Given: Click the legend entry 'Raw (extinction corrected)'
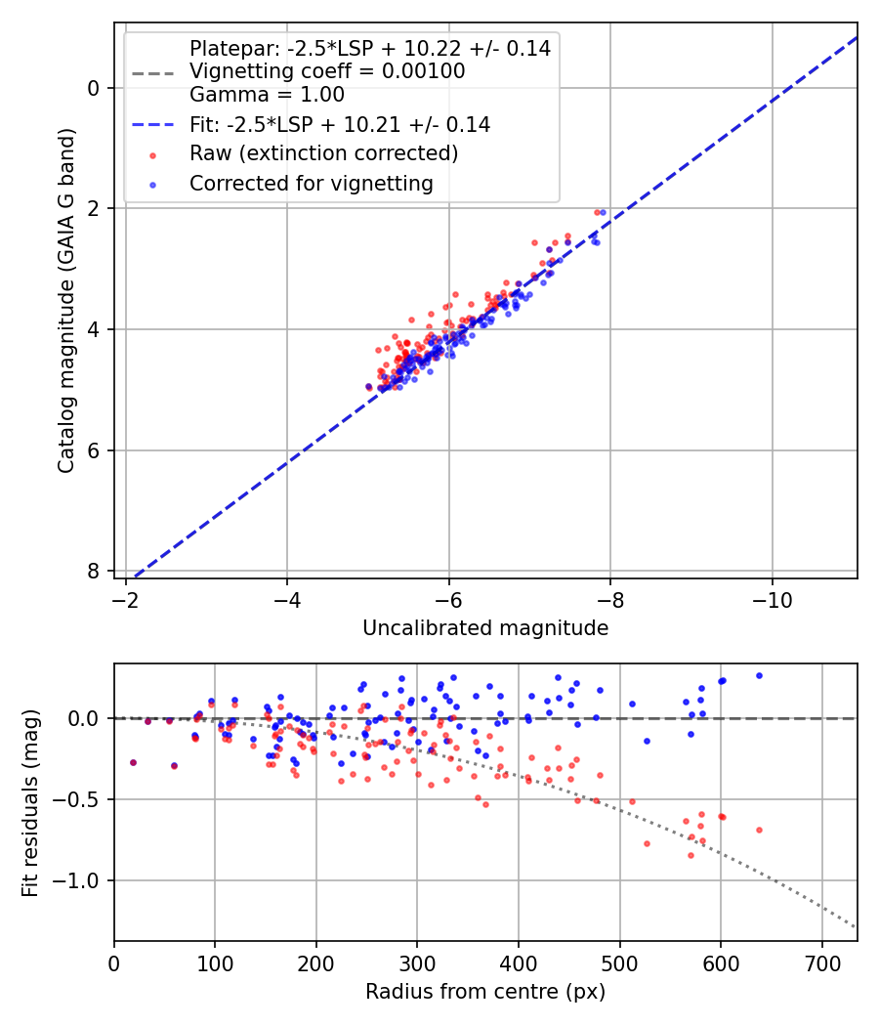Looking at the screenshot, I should (x=323, y=153).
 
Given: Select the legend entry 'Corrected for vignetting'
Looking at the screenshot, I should (x=311, y=183).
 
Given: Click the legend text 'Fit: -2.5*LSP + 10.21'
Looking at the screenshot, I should (x=339, y=124).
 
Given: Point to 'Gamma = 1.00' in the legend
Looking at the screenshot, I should (x=267, y=95).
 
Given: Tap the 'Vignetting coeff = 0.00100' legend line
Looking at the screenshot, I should (x=326, y=71).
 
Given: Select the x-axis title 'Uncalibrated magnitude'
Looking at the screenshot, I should (x=485, y=628).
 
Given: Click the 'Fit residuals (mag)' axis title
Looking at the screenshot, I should (x=30, y=802).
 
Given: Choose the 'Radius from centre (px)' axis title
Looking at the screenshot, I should (x=485, y=992).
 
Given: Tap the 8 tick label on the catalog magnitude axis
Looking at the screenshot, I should (x=94, y=571).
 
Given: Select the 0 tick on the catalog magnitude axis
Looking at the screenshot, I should (x=94, y=88).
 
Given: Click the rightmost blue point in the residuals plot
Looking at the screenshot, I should (x=759, y=675).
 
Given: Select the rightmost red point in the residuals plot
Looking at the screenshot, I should (x=759, y=830).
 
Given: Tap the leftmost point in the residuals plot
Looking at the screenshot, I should (x=133, y=762).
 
